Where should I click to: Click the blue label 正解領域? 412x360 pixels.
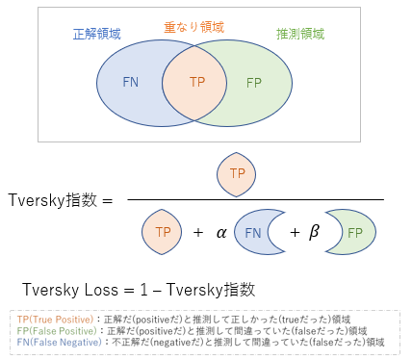97,34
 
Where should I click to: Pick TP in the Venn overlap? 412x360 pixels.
198,82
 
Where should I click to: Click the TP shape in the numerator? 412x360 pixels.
236,174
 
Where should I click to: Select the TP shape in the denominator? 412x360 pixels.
161,232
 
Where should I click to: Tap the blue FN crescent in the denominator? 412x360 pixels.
254,232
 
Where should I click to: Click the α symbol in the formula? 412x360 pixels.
221,232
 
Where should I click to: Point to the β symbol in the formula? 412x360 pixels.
313,232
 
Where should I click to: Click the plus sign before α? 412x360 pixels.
197,232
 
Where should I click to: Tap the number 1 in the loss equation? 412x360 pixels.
147,289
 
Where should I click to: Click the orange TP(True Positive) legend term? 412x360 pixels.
52,319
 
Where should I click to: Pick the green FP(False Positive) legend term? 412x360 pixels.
54,330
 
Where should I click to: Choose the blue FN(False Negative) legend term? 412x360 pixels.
56,342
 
